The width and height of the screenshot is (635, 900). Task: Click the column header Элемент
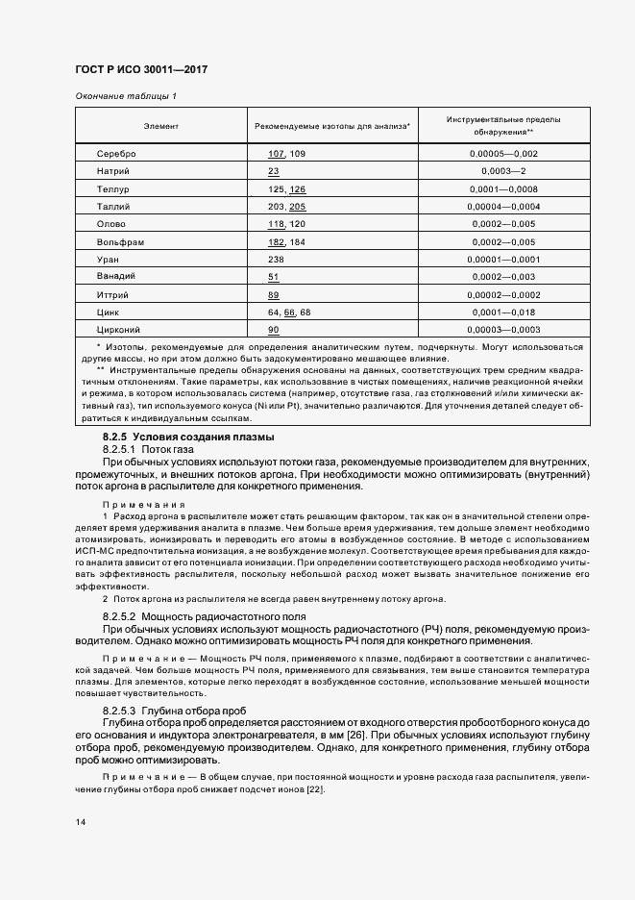pos(160,126)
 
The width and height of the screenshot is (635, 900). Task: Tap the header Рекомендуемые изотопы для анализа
pos(332,126)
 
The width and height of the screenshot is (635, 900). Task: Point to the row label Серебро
pos(116,154)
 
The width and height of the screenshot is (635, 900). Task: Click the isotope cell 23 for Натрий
pos(274,171)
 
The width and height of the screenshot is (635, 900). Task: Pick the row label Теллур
pos(112,189)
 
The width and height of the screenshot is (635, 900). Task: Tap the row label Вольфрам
pos(120,242)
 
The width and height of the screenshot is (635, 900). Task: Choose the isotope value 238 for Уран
pos(277,260)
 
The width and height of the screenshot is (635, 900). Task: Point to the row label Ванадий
pos(116,278)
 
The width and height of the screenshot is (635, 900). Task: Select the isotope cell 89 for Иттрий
pos(274,295)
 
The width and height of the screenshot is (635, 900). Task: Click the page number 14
pos(80,822)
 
